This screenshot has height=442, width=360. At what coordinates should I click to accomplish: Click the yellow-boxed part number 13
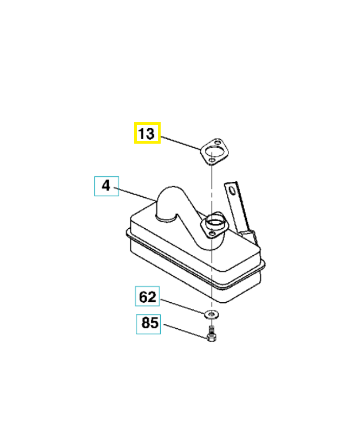coord(147,133)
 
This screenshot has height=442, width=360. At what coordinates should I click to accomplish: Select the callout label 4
coord(107,186)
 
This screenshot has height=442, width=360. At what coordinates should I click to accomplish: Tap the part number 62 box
coord(147,296)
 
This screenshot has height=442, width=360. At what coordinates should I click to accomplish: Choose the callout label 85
coord(149,324)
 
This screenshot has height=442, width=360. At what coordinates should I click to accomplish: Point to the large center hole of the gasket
coord(213,151)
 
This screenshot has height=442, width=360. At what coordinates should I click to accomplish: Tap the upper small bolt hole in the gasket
coord(218,142)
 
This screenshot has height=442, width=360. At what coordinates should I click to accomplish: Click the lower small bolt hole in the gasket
coord(211,161)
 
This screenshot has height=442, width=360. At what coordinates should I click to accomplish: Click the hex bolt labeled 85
coord(211,334)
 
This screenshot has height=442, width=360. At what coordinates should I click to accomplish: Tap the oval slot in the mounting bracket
coord(232,190)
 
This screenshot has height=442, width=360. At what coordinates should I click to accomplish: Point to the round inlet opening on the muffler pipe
coord(214,221)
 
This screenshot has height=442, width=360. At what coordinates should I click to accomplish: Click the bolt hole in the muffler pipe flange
coord(211,233)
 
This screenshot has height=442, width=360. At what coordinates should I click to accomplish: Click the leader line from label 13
coord(181,143)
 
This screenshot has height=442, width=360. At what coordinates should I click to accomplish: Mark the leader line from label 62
coord(183,307)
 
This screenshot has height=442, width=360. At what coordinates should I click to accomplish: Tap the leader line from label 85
coord(186,330)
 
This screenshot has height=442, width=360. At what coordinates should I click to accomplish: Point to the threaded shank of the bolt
coord(211,329)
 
